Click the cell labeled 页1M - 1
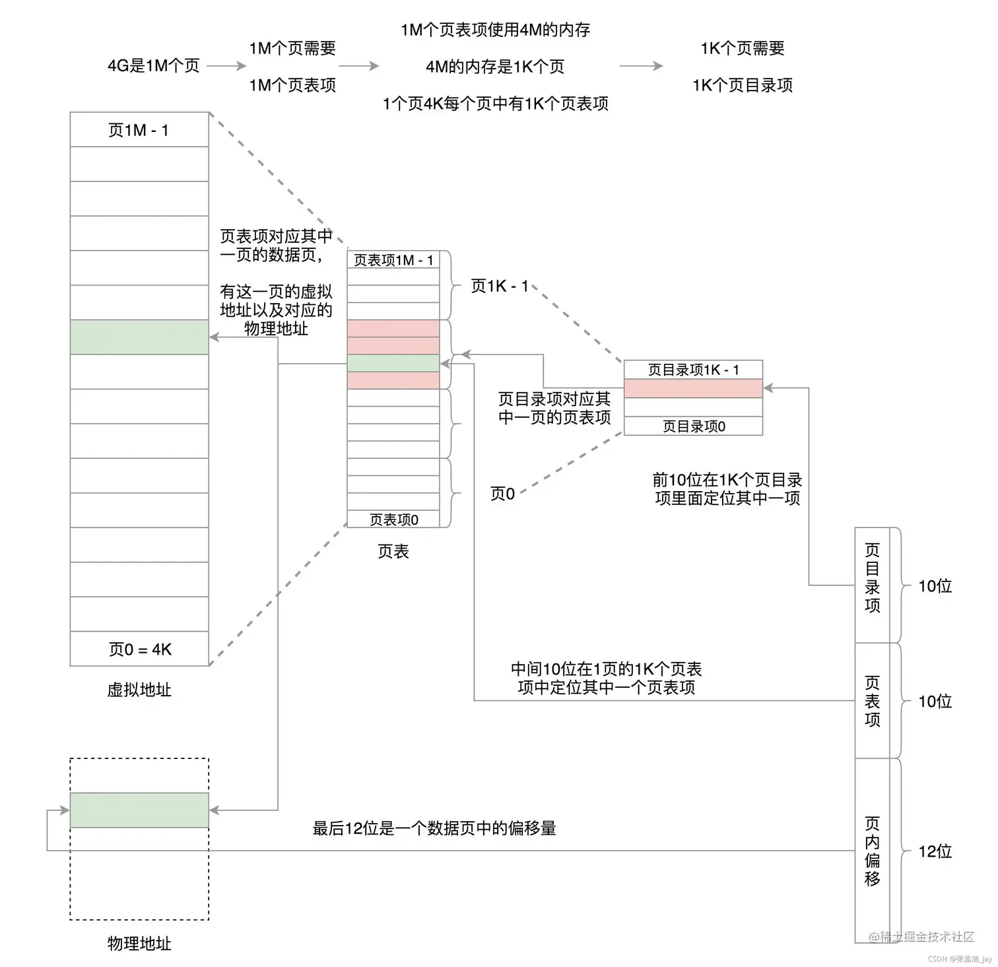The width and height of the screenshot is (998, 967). [x=139, y=130]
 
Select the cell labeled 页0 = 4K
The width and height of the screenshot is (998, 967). [x=139, y=650]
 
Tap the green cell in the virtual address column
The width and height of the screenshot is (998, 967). [x=139, y=337]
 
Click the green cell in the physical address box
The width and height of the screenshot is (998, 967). [x=139, y=810]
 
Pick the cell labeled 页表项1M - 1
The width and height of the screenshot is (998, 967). [x=393, y=260]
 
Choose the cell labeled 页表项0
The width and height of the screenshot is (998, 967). [x=393, y=519]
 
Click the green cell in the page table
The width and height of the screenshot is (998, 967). [x=393, y=363]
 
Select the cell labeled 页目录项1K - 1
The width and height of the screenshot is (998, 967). [x=693, y=370]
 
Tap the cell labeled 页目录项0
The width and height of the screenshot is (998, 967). [x=693, y=426]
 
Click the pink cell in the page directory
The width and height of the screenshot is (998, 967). [x=693, y=389]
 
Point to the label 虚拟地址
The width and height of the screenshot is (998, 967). [x=139, y=690]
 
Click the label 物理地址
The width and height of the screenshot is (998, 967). [x=139, y=943]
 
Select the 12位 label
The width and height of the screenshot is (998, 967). [x=935, y=851]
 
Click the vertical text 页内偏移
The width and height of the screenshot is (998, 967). [x=873, y=851]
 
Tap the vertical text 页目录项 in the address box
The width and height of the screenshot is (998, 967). [x=873, y=578]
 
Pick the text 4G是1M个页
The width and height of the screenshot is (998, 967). [x=154, y=66]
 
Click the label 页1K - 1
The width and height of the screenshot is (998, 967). [x=500, y=286]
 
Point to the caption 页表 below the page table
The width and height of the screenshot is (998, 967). [x=393, y=551]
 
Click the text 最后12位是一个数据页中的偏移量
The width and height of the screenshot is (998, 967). [x=434, y=828]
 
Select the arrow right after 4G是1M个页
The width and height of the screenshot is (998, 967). [x=226, y=66]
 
